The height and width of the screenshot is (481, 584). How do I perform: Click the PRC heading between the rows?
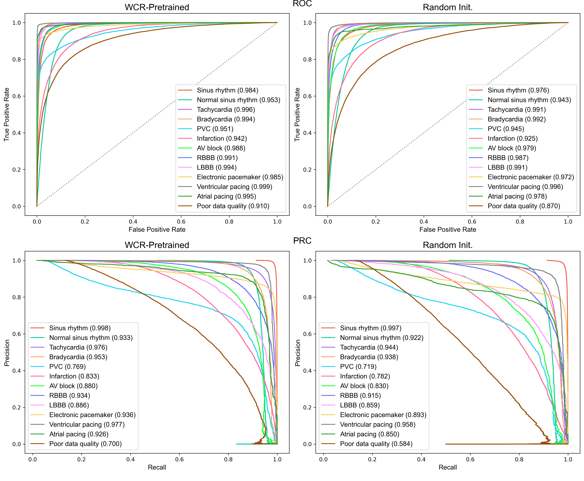click(302, 240)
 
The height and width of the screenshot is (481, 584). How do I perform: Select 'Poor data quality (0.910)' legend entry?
click(233, 206)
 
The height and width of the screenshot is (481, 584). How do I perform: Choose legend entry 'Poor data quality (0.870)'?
click(524, 206)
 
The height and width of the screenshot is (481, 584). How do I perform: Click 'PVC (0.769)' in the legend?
click(67, 367)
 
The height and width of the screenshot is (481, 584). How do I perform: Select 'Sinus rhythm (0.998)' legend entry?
click(80, 328)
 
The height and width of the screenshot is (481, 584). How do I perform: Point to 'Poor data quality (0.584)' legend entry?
click(376, 444)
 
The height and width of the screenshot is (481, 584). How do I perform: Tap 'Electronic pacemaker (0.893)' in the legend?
click(383, 415)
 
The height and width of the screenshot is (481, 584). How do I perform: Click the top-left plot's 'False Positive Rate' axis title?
click(157, 229)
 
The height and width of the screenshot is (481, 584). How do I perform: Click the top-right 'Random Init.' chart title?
click(448, 7)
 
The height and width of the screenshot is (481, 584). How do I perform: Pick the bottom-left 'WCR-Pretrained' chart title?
click(157, 245)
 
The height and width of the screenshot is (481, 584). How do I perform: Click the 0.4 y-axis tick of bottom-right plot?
click(307, 371)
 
